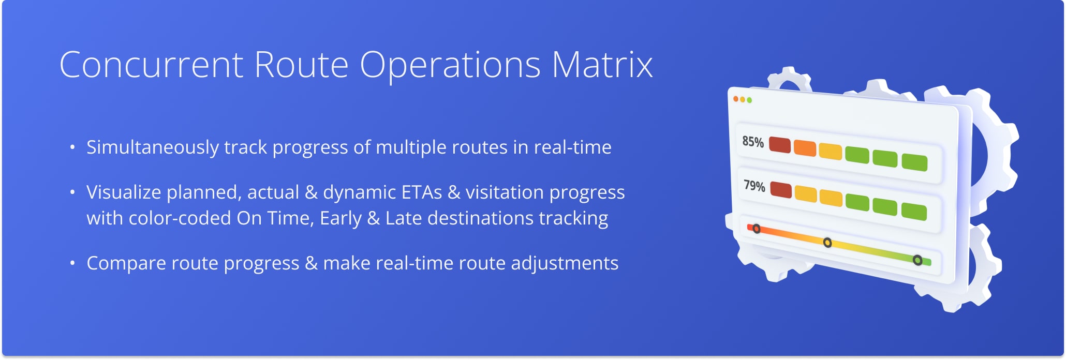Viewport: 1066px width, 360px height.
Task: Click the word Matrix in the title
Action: pyautogui.click(x=601, y=65)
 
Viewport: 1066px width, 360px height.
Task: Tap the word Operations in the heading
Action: pyautogui.click(x=450, y=65)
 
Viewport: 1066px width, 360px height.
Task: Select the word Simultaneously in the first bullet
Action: pyautogui.click(x=153, y=147)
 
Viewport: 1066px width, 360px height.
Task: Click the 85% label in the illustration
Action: pyautogui.click(x=753, y=142)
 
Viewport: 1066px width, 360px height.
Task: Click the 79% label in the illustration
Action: pyautogui.click(x=754, y=186)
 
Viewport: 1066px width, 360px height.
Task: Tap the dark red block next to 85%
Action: pyautogui.click(x=779, y=145)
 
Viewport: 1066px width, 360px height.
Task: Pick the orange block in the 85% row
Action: pyautogui.click(x=805, y=149)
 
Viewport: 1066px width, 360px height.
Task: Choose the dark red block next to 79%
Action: pyautogui.click(x=780, y=190)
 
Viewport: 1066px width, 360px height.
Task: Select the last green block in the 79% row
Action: pyautogui.click(x=914, y=212)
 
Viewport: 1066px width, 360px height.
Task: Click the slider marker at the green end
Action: pyautogui.click(x=917, y=260)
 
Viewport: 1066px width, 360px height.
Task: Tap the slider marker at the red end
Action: pyautogui.click(x=756, y=229)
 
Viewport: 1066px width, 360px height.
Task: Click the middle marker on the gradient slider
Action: pyautogui.click(x=827, y=243)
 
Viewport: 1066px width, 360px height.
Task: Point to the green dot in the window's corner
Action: pyautogui.click(x=749, y=100)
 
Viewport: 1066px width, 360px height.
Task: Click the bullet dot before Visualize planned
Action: pyautogui.click(x=72, y=192)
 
